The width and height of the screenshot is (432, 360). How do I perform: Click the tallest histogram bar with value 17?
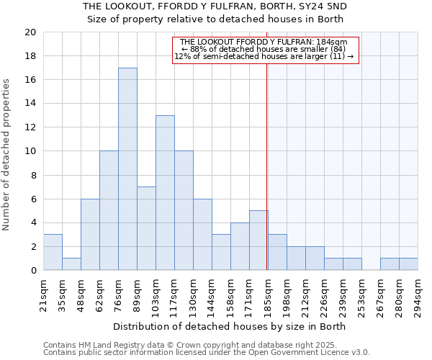pyautogui.click(x=127, y=169)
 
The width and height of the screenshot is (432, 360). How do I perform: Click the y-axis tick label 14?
pyautogui.click(x=30, y=104)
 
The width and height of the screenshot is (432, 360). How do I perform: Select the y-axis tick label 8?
pyautogui.click(x=32, y=175)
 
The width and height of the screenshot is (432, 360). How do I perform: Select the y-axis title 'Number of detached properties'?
pyautogui.click(x=7, y=155)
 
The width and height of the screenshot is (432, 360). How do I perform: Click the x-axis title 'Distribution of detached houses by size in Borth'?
pyautogui.click(x=230, y=326)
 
